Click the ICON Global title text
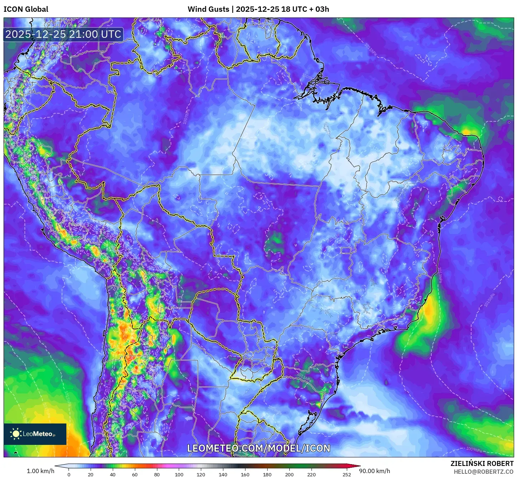[x=26, y=9]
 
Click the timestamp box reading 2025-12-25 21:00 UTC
[x=63, y=34]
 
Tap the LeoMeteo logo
[x=35, y=434]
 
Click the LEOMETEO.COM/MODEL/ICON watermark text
[x=259, y=448]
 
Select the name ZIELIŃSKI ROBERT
[x=482, y=463]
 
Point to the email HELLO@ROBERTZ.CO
[x=483, y=472]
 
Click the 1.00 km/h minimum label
[x=40, y=471]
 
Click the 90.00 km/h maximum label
[x=374, y=471]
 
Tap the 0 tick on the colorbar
[x=69, y=475]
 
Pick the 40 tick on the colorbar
[x=113, y=475]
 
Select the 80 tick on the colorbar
[x=157, y=475]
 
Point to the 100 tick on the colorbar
[x=179, y=475]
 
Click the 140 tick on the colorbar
[x=223, y=475]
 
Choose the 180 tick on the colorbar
[x=267, y=475]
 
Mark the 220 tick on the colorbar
[x=311, y=475]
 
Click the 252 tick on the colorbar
[x=346, y=475]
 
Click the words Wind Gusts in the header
[x=208, y=9]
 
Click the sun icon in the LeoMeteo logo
[x=16, y=434]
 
